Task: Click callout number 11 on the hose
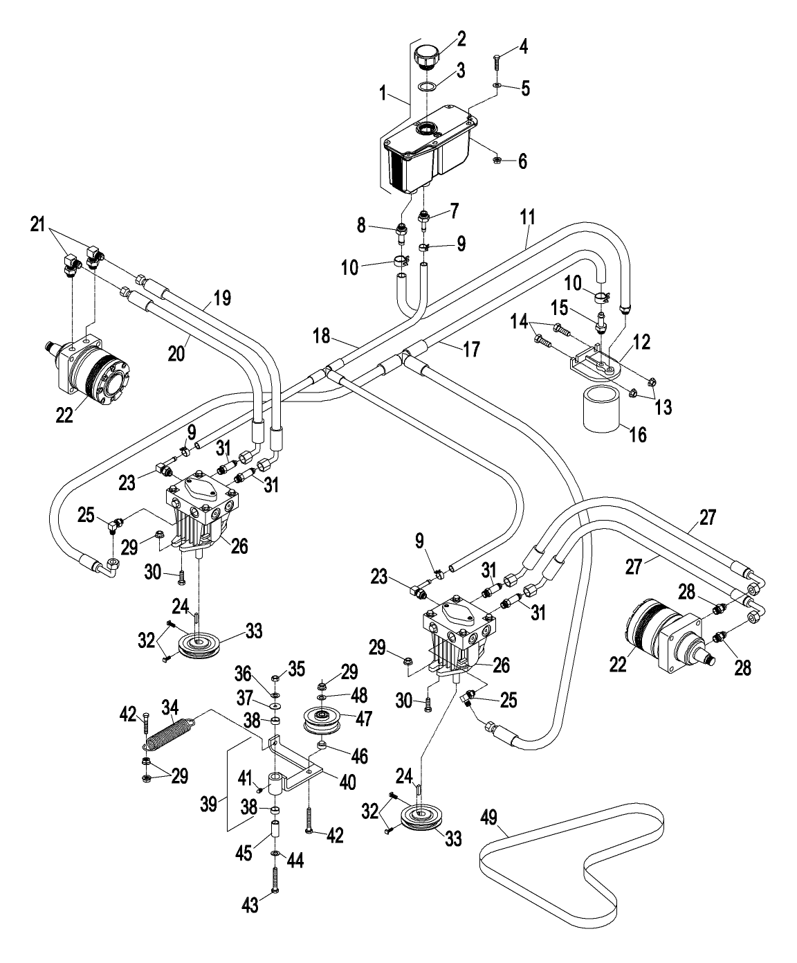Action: pos(528,217)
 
